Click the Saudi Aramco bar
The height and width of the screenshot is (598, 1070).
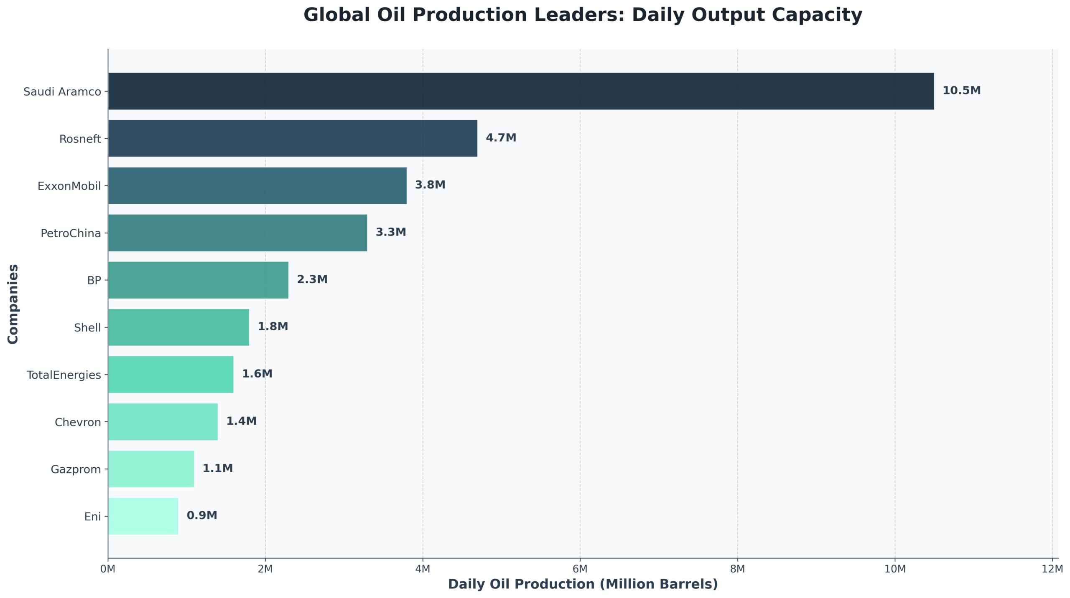[520, 91]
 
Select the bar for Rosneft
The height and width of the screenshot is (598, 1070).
[293, 138]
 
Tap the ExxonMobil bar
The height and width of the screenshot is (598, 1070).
[257, 185]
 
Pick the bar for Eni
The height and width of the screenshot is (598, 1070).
[143, 516]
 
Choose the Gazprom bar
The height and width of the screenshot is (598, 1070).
[151, 469]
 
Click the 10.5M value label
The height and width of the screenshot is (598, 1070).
[961, 91]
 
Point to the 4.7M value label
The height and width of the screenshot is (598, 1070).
[501, 138]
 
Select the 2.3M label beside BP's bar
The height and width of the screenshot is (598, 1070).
[312, 279]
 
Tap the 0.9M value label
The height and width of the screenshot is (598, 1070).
[201, 515]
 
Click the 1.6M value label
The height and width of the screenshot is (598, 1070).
[257, 374]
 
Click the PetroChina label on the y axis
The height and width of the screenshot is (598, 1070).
[71, 233]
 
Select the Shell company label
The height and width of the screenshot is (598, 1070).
[87, 328]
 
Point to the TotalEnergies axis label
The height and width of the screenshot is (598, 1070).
[64, 375]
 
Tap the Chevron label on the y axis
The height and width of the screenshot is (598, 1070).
[78, 422]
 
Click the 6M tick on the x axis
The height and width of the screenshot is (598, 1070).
[580, 569]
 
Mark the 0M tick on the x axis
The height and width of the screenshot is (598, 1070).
[108, 569]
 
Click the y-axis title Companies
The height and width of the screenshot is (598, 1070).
[13, 304]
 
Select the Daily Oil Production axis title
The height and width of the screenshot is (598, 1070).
[583, 584]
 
